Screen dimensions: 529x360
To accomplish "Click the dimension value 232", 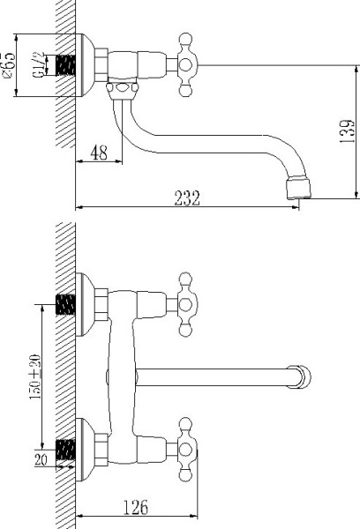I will click(185, 199).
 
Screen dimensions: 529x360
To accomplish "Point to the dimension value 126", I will click(134, 508).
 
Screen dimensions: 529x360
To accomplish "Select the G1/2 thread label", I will click(40, 67).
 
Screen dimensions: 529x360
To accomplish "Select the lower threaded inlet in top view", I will click(64, 448).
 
